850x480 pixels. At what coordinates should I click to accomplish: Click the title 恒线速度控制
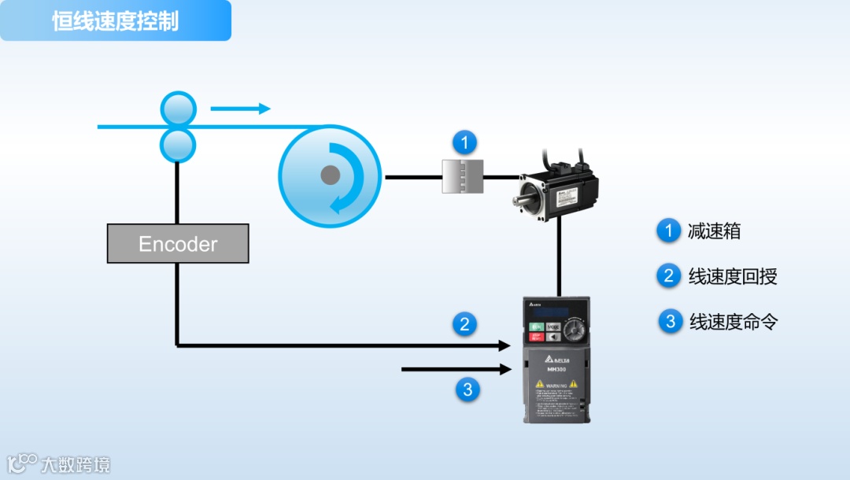pyautogui.click(x=116, y=21)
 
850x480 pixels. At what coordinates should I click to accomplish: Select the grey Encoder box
pyautogui.click(x=178, y=244)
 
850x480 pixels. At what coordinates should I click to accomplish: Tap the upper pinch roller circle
pyautogui.click(x=178, y=109)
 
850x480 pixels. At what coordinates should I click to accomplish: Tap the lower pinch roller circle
pyautogui.click(x=178, y=145)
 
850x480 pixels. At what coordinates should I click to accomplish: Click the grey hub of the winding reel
pyautogui.click(x=331, y=175)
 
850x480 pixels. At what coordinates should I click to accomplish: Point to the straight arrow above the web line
pyautogui.click(x=240, y=109)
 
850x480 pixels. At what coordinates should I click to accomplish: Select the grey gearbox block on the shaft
pyautogui.click(x=462, y=175)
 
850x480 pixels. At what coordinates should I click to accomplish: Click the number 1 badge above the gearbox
pyautogui.click(x=465, y=142)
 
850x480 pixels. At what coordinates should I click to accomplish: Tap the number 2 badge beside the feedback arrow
pyautogui.click(x=465, y=323)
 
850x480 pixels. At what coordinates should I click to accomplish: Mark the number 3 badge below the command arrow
pyautogui.click(x=468, y=389)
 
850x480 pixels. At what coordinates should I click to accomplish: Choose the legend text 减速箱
pyautogui.click(x=714, y=231)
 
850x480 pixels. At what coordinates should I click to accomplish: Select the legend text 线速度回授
pyautogui.click(x=733, y=276)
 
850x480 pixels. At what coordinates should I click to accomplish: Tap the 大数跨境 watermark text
pyautogui.click(x=76, y=464)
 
